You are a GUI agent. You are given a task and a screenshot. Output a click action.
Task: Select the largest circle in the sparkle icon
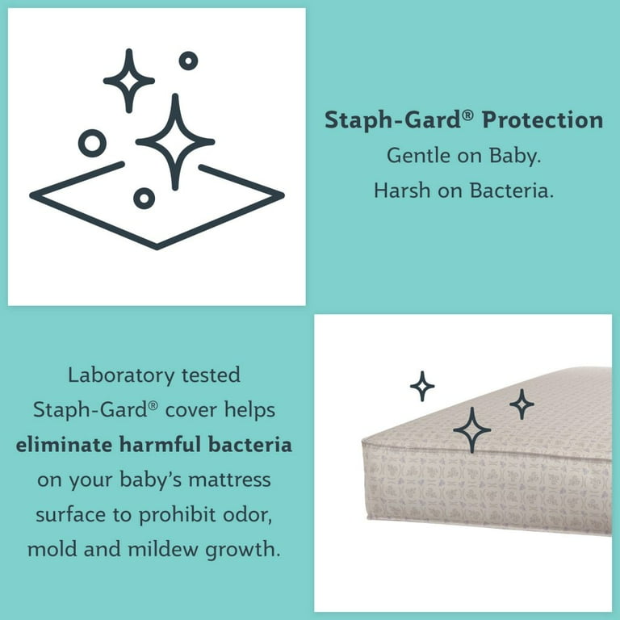pos(92,143)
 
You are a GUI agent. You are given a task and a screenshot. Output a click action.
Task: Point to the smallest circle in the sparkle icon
pos(188,61)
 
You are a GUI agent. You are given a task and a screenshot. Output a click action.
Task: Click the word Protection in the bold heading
pos(542,119)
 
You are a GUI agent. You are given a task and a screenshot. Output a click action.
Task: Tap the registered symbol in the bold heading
pos(467,115)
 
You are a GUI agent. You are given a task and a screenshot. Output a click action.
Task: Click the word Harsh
pos(402,191)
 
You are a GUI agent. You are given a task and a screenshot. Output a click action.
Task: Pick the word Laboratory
pos(121,375)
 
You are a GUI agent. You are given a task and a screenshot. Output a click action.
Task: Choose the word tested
pos(211,375)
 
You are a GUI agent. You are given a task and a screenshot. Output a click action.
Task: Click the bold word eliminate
pos(64,445)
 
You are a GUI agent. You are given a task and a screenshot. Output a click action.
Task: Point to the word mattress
pos(229,480)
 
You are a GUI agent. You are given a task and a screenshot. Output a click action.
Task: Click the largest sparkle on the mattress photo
pos(472,430)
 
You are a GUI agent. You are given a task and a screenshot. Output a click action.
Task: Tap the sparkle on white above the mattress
pos(422,387)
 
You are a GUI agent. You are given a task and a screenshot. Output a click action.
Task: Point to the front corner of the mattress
pos(363,441)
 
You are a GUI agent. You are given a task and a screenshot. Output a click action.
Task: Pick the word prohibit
pos(177,515)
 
